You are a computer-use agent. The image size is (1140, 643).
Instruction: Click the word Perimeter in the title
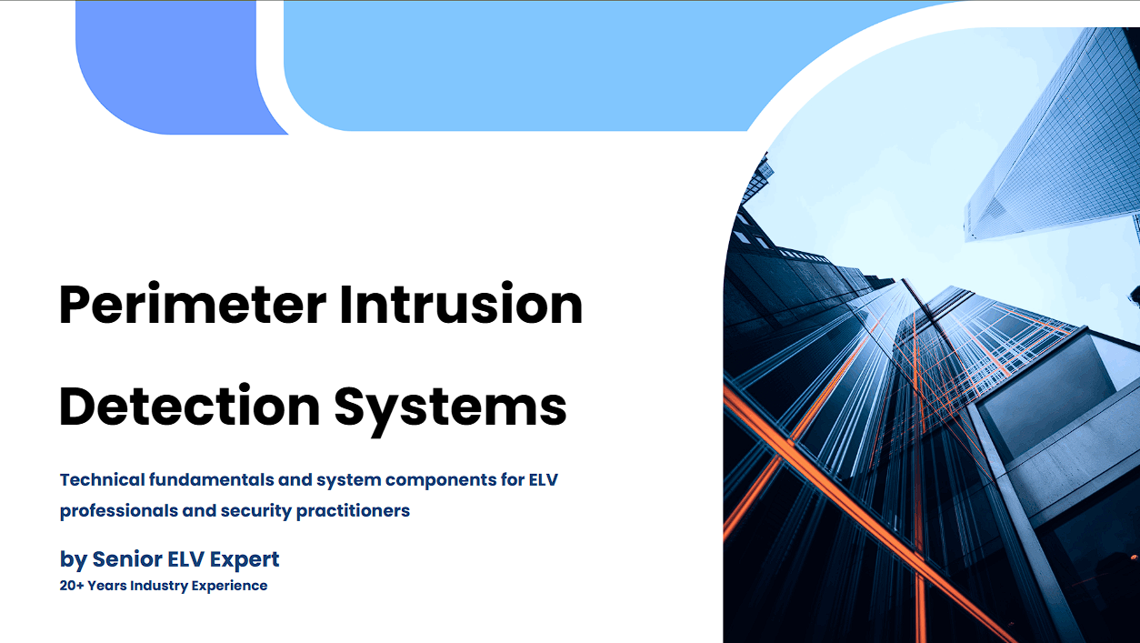[193, 304]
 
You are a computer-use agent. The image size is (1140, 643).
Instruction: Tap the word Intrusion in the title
[461, 304]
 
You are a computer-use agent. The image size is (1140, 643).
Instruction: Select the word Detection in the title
[189, 406]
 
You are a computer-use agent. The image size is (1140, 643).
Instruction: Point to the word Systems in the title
[450, 409]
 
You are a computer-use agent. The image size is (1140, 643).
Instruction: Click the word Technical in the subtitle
[103, 479]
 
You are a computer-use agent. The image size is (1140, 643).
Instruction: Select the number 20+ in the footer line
[72, 586]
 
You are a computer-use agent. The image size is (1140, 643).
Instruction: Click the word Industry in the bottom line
[159, 586]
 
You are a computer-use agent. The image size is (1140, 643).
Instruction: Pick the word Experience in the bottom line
[229, 587]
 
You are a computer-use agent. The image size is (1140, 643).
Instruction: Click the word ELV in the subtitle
[543, 479]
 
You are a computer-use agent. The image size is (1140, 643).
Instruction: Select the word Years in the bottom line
[107, 586]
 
